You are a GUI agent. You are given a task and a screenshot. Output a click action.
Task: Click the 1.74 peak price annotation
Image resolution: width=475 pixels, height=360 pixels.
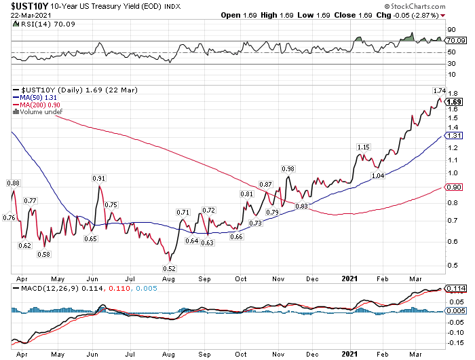(438, 90)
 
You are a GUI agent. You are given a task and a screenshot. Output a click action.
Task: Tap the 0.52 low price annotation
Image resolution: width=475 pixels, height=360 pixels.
(170, 268)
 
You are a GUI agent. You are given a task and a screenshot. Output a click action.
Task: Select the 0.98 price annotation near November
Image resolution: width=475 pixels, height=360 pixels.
(288, 168)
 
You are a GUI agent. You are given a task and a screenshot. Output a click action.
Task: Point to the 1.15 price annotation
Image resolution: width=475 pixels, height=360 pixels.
(364, 147)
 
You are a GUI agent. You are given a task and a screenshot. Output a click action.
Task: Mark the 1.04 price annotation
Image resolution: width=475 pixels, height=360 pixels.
(377, 175)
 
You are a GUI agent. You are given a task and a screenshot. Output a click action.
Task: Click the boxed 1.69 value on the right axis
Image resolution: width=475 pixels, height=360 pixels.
(455, 102)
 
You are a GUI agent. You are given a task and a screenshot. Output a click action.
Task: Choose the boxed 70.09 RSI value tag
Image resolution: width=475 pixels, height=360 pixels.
(455, 41)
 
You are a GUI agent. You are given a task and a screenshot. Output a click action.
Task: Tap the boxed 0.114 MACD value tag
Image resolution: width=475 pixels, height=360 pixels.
(455, 289)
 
